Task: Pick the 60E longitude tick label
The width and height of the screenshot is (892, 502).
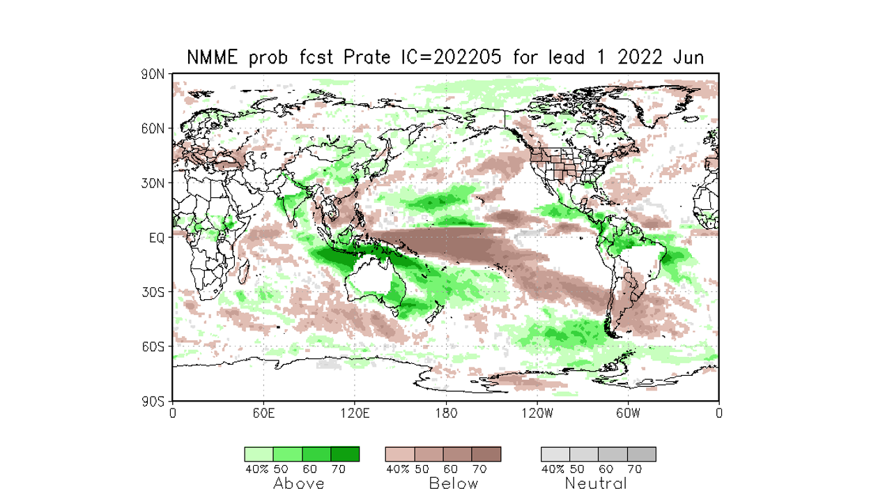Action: [263, 413]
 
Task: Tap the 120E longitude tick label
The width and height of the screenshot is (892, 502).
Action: [355, 413]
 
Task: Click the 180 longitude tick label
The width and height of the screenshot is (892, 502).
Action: [446, 413]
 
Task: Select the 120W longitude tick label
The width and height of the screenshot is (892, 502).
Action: [537, 413]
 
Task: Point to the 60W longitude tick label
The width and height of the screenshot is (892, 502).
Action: [628, 413]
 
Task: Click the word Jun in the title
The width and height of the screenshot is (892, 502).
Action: [688, 58]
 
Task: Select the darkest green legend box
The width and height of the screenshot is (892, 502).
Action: [345, 454]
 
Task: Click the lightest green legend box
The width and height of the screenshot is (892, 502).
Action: [259, 454]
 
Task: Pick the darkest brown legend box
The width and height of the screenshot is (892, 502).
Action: [486, 454]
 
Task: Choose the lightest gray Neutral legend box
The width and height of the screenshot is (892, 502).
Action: [555, 454]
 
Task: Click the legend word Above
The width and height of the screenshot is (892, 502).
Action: [299, 483]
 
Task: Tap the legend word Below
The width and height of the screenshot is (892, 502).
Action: [454, 483]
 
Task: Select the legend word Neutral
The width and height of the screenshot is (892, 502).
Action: [596, 483]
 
